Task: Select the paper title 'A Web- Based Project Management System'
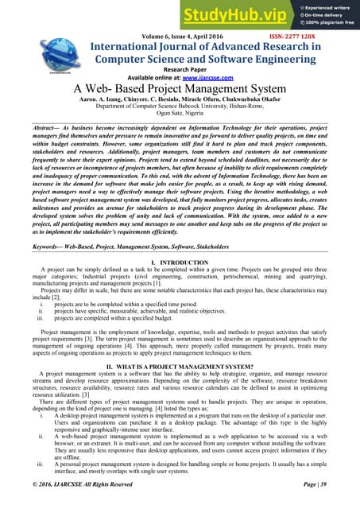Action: coord(180,89)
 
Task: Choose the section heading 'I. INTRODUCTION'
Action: coord(180,262)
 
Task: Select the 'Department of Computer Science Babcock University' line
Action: coord(180,109)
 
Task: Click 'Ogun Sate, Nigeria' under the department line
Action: coord(180,117)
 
